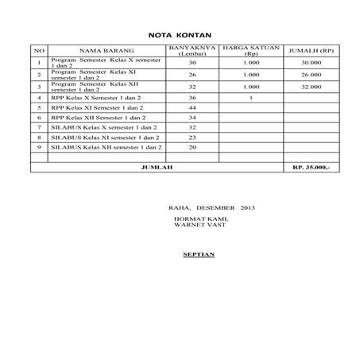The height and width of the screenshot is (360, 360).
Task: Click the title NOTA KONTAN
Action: pos(180,35)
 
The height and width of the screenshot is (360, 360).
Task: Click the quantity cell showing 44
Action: pos(192,107)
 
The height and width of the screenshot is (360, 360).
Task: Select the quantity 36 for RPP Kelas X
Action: pos(192,97)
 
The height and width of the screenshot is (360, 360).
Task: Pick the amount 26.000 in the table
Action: pos(310,74)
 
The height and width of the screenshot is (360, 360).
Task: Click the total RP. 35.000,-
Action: pos(310,168)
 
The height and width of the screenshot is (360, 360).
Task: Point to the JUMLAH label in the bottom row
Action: pos(155,168)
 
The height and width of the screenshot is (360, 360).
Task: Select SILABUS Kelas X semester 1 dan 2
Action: pos(100,127)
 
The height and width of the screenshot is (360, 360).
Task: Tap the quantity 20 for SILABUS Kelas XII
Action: pos(192,147)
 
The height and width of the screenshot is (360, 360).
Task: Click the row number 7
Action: pos(39,127)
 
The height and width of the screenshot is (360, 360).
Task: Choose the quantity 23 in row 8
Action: pos(192,137)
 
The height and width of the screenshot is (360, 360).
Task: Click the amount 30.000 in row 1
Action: pos(310,62)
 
